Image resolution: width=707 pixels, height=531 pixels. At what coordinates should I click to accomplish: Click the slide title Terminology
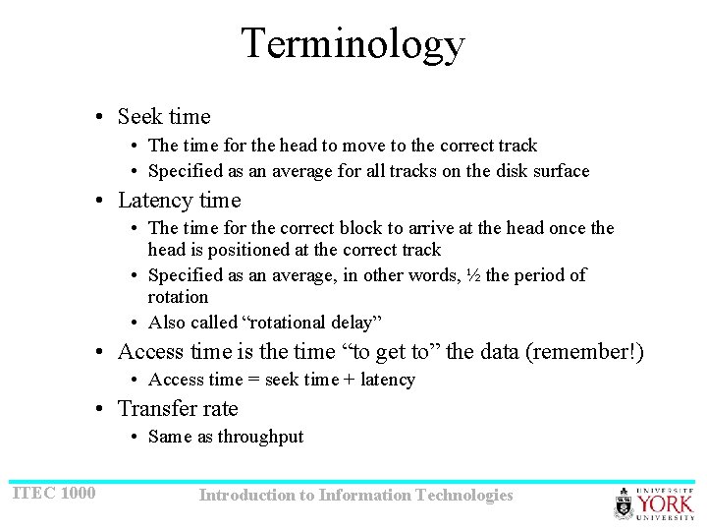353,44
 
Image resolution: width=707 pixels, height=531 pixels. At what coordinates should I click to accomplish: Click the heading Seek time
163,117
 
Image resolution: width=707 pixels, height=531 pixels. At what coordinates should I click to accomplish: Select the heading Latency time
179,201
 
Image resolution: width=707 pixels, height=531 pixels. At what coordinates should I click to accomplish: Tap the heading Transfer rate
178,409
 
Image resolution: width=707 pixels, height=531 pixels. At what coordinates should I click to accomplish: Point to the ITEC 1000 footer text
54,492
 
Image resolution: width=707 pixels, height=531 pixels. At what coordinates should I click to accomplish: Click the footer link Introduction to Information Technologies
355,496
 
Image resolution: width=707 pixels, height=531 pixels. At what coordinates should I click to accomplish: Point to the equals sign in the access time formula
246,380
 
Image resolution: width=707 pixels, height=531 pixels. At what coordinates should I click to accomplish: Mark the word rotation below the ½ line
178,297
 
